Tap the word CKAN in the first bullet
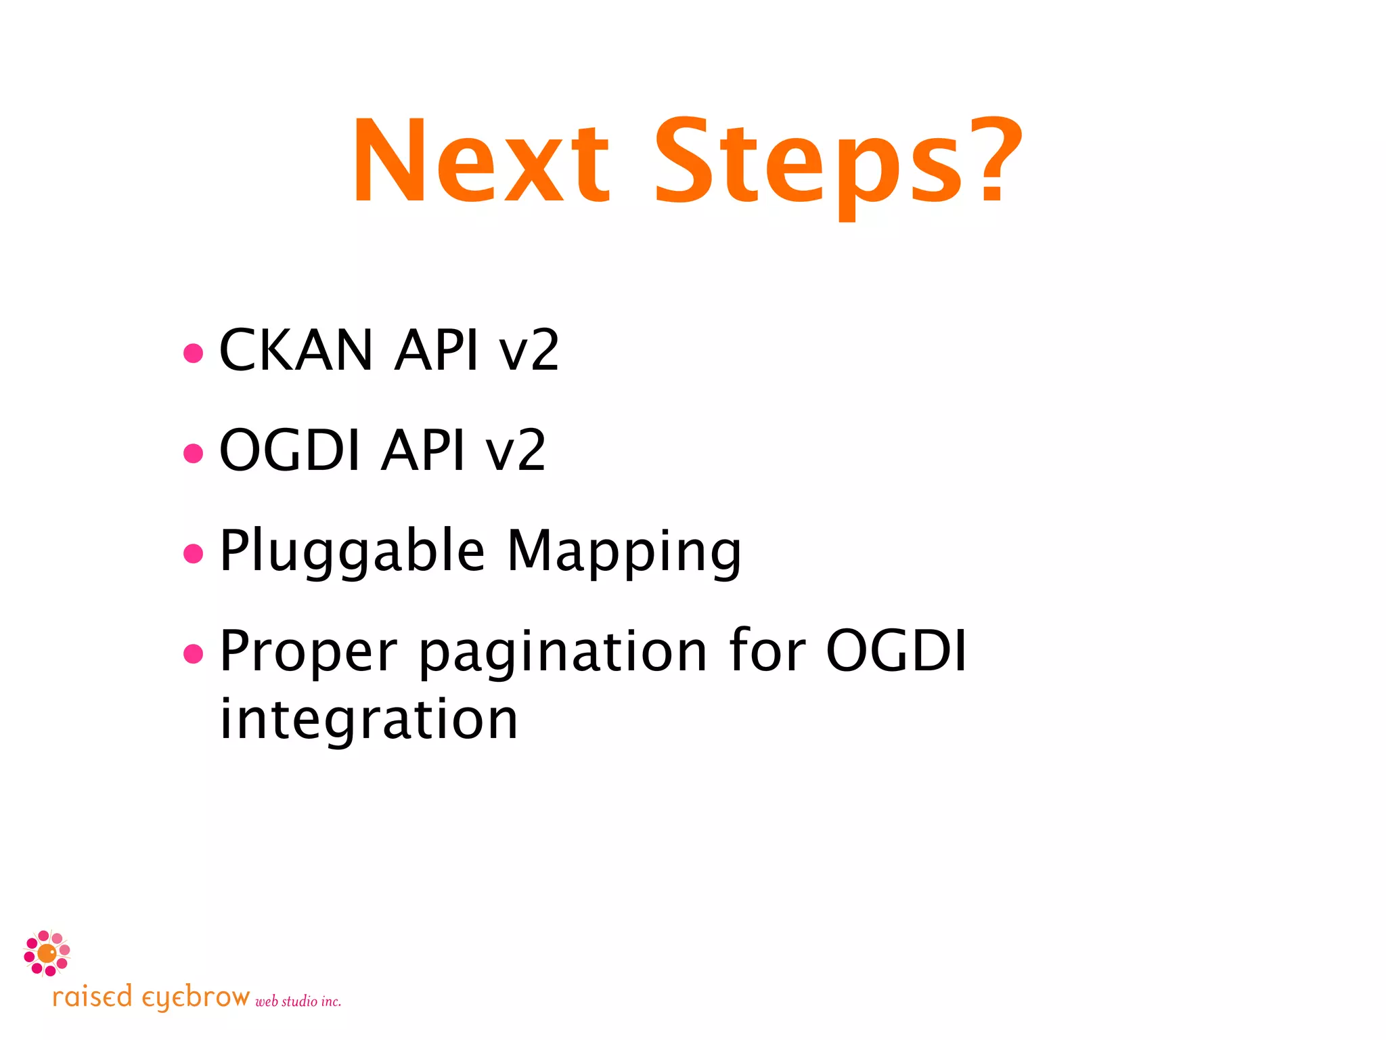[x=296, y=350]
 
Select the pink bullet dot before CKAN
[x=194, y=353]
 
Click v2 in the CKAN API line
[x=529, y=350]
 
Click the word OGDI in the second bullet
[x=290, y=450]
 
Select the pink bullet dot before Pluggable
[x=194, y=553]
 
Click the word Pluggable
[x=352, y=552]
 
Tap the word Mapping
[x=624, y=552]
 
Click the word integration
[x=369, y=719]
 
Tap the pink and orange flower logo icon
[x=47, y=953]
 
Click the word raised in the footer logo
[x=92, y=997]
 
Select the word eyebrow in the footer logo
[x=196, y=998]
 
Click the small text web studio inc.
[x=298, y=1001]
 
